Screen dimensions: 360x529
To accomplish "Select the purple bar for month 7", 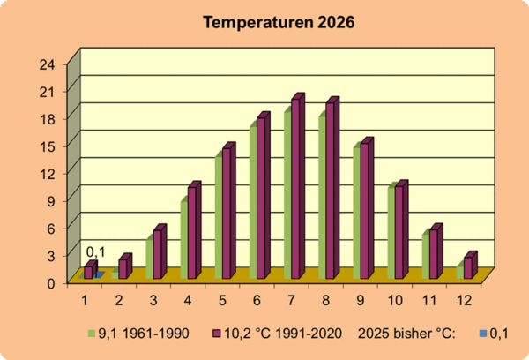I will tap(296, 190).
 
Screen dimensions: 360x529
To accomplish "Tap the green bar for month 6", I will tap(253, 203).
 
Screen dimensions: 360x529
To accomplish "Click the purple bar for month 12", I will tap(468, 267).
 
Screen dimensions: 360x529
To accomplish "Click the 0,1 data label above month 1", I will tap(95, 252).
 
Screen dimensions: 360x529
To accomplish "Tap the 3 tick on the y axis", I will tap(51, 255).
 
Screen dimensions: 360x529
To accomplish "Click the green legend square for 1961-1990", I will tap(92, 334).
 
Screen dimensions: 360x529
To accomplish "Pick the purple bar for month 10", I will tap(399, 233).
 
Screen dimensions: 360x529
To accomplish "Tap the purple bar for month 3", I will tap(158, 254).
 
